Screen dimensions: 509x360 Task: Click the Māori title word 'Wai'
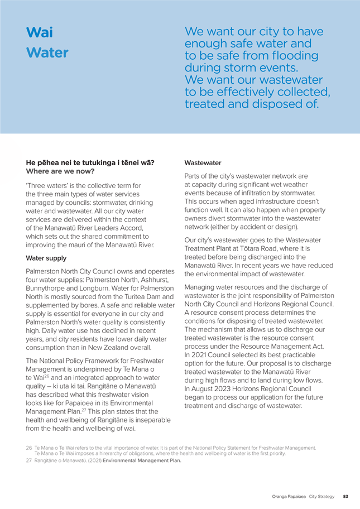[39, 32]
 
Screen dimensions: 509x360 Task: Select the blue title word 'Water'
[47, 53]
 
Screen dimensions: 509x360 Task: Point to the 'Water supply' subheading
[46, 258]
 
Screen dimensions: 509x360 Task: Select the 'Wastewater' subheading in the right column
[203, 163]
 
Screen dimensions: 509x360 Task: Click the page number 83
[346, 496]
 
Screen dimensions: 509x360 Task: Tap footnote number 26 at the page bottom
[29, 448]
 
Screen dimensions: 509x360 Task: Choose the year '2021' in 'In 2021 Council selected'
[200, 356]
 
